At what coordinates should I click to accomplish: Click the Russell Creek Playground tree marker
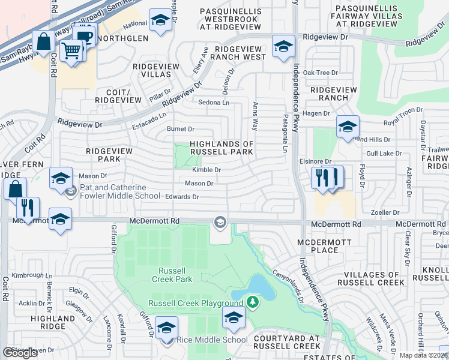click(x=253, y=301)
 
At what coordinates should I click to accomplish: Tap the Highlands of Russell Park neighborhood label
click(x=221, y=148)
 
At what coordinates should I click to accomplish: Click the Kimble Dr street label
click(x=206, y=170)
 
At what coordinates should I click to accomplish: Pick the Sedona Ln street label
click(x=214, y=103)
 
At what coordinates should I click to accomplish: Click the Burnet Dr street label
click(x=180, y=129)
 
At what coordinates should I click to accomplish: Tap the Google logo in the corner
click(x=20, y=353)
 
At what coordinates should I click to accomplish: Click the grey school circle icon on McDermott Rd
click(x=220, y=223)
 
